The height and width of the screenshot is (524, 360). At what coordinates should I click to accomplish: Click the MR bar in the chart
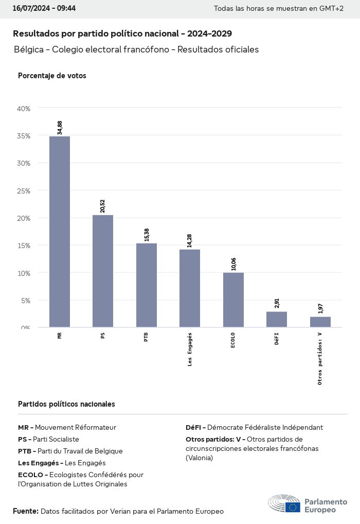(x=60, y=232)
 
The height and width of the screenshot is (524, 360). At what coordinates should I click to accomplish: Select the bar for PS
(x=103, y=271)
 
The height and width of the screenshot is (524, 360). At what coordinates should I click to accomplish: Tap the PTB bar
(x=147, y=285)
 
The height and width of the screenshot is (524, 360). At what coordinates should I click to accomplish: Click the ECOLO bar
(x=233, y=300)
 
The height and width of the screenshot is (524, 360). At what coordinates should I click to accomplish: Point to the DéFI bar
(x=277, y=319)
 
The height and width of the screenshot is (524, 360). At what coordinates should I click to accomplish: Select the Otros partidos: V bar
(x=320, y=322)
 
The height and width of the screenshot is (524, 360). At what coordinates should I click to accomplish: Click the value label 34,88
(x=60, y=128)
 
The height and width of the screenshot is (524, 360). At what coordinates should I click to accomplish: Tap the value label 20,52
(x=103, y=206)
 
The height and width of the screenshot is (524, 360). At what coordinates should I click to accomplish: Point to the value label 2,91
(x=277, y=303)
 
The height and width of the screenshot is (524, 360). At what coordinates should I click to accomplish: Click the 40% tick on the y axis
(x=24, y=109)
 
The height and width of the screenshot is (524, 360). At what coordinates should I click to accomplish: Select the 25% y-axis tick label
(x=24, y=191)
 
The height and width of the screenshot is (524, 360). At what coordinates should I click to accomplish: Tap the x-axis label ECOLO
(x=233, y=341)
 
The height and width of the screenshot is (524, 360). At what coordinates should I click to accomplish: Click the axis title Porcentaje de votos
(x=52, y=76)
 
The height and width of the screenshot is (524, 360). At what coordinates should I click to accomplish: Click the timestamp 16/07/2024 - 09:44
(x=44, y=9)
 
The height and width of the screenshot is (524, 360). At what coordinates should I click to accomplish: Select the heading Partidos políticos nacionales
(x=66, y=404)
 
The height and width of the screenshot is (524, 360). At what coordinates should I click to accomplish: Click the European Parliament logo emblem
(x=284, y=503)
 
